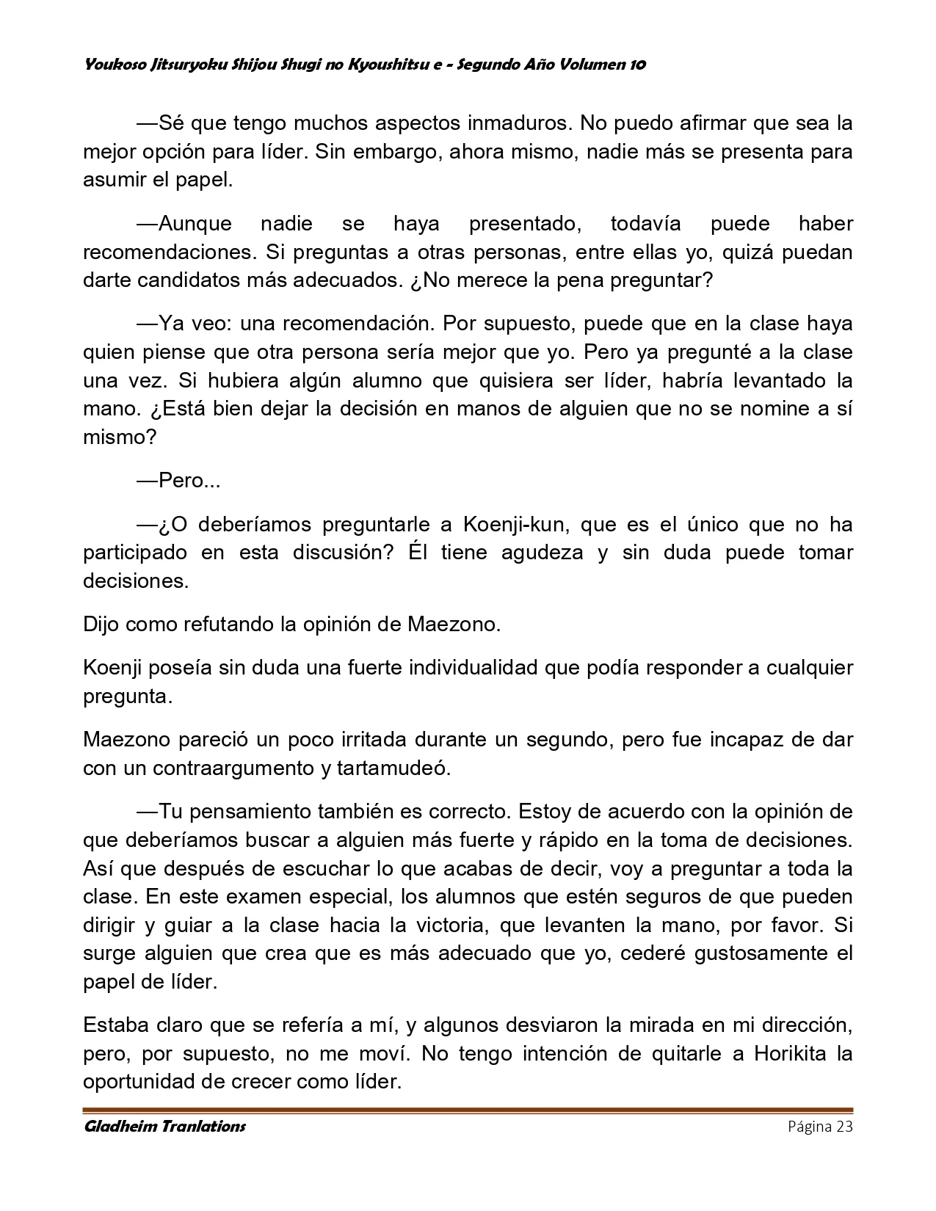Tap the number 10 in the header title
tap(637, 65)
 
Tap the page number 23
tap(844, 1127)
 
